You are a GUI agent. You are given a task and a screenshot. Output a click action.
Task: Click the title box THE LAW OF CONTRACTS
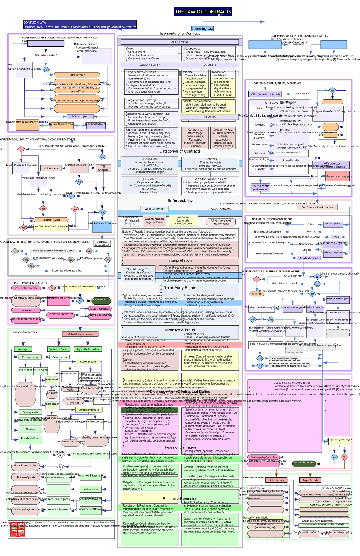(203, 12)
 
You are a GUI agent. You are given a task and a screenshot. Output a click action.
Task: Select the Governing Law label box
(202, 29)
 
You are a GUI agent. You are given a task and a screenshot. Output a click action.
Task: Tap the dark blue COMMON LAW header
(80, 25)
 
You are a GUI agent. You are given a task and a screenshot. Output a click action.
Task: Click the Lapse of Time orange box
(77, 91)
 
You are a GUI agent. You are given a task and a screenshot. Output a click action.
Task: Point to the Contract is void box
(51, 220)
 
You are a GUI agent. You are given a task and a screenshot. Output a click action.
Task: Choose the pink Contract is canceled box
(26, 288)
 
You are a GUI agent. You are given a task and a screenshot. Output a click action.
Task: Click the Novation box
(26, 311)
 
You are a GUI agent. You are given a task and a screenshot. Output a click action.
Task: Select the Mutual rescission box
(100, 308)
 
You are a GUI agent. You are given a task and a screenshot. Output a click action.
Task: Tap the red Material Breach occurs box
(80, 334)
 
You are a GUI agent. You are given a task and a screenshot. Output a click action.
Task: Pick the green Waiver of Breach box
(59, 349)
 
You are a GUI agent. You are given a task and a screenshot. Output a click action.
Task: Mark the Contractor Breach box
(89, 410)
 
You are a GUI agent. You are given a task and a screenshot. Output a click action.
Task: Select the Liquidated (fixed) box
(30, 439)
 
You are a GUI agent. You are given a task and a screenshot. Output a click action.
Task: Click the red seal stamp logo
(17, 531)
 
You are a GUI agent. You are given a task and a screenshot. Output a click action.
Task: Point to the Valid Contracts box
(154, 209)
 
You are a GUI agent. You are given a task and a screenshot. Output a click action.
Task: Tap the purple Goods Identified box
(309, 258)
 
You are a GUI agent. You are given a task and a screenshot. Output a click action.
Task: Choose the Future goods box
(333, 224)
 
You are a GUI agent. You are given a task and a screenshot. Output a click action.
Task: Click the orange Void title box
(257, 294)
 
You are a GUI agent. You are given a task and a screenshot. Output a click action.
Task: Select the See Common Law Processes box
(317, 207)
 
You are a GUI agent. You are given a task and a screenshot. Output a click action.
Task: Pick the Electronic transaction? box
(102, 243)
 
